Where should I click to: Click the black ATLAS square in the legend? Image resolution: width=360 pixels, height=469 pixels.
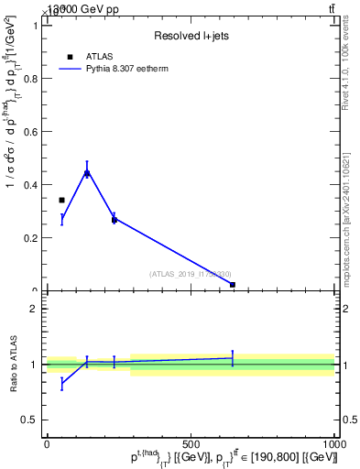point(71,57)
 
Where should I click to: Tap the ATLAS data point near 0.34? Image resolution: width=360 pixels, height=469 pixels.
point(61,200)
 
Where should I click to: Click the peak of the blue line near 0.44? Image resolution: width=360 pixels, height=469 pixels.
point(87,172)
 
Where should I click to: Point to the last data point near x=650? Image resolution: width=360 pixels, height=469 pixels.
point(233,285)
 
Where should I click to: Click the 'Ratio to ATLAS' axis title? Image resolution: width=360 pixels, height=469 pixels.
point(12,364)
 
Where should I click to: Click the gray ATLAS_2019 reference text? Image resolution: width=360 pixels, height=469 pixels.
point(191,274)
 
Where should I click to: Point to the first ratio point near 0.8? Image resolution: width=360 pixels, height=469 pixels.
point(61,384)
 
